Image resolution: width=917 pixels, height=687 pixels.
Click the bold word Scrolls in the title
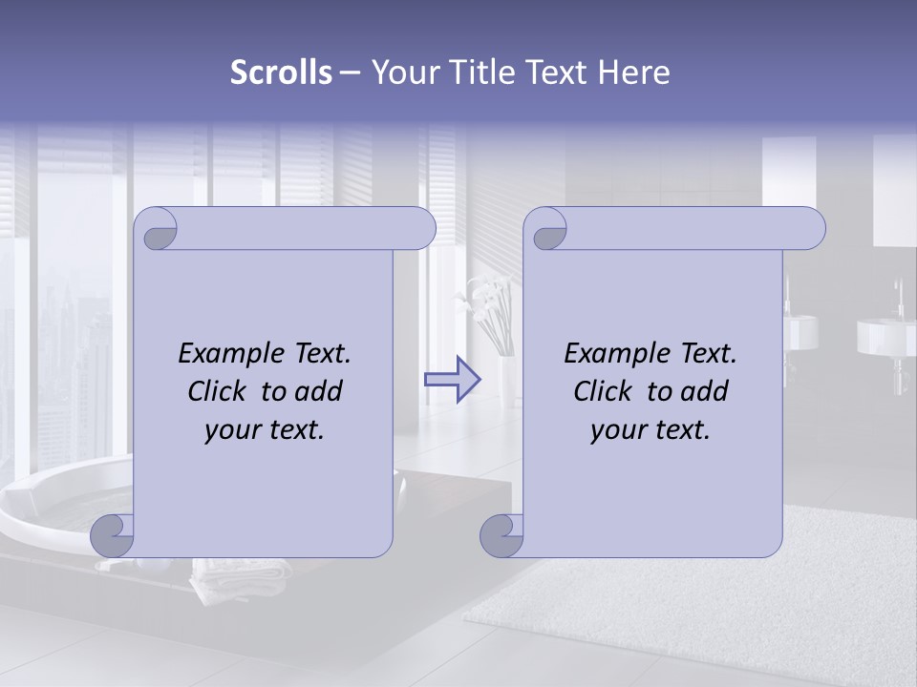[x=282, y=73]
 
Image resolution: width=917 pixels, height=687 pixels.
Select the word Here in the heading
[x=635, y=73]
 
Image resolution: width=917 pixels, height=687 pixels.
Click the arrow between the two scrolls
[x=453, y=379]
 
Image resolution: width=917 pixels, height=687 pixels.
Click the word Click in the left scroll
[x=219, y=391]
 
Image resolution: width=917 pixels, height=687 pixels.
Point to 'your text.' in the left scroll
[x=265, y=430]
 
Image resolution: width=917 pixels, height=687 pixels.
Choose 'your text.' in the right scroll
[x=650, y=430]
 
